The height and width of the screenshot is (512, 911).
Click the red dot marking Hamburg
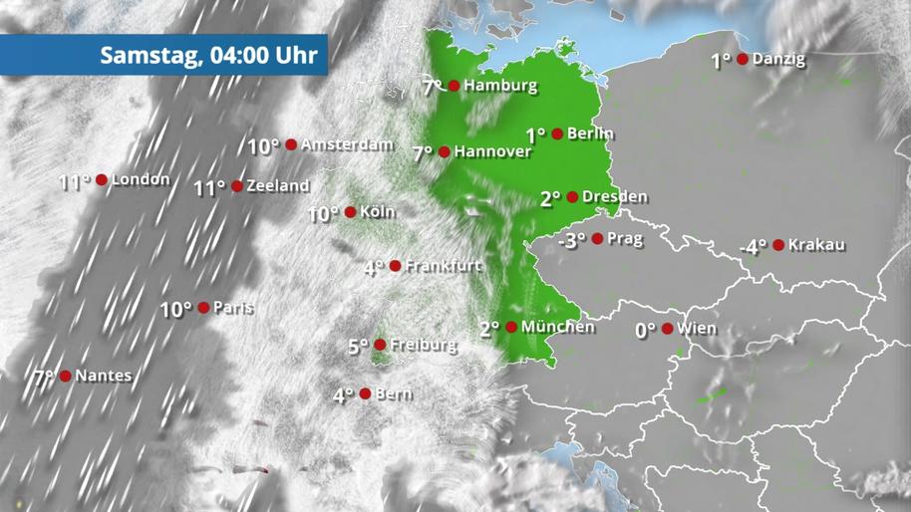[x=454, y=86]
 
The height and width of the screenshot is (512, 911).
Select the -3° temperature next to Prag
[x=572, y=240]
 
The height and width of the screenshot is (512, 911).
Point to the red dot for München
[x=511, y=327]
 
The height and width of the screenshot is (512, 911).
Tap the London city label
[x=141, y=180]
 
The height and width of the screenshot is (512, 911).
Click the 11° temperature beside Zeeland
[x=209, y=187]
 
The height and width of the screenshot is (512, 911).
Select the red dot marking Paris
[x=203, y=308]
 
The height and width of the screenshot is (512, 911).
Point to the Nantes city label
[x=103, y=377]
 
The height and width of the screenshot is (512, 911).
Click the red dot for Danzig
[x=743, y=59]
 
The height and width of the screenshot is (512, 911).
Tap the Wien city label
[x=696, y=328]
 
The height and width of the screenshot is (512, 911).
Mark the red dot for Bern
[x=366, y=393]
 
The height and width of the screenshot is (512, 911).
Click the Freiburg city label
[x=424, y=346]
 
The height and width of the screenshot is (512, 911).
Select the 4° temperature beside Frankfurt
[x=373, y=268]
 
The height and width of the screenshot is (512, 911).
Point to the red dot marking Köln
[x=350, y=212]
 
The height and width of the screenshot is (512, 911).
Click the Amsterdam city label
[x=346, y=144]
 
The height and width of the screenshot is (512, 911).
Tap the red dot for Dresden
[x=572, y=196]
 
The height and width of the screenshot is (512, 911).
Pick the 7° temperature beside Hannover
[x=423, y=153]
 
